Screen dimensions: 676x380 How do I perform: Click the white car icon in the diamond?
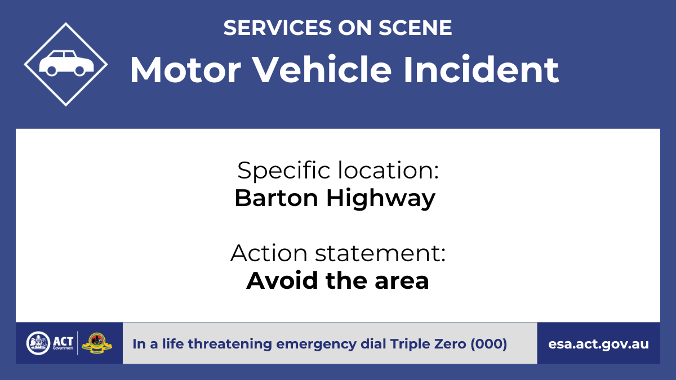coord(66,63)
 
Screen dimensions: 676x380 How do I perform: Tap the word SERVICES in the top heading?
coord(278,28)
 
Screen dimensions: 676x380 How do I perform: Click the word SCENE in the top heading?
coord(415,28)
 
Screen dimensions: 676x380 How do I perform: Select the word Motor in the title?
coord(185,70)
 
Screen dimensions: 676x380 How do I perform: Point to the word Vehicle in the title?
coord(322,69)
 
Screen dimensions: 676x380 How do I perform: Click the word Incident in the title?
coord(481,69)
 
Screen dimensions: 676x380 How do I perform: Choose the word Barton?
coord(276,198)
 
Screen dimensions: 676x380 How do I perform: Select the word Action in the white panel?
coord(269,253)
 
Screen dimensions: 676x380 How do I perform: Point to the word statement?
coord(380,253)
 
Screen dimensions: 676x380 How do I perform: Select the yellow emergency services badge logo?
coord(97,343)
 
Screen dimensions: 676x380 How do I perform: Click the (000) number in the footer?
coord(489,344)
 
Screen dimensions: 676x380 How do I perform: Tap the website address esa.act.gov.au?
coord(598,344)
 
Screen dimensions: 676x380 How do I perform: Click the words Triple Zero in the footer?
coord(428,344)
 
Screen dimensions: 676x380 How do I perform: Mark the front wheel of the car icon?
coord(79,70)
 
